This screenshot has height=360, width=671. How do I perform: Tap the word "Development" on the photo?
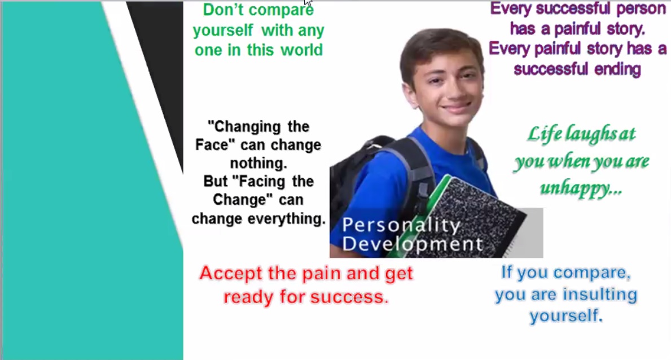(x=413, y=244)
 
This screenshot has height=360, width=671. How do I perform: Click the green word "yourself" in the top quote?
(x=222, y=31)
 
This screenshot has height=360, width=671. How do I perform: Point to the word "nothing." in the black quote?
(x=258, y=163)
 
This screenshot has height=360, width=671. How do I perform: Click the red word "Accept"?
(x=231, y=273)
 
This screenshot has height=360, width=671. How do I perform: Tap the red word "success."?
(x=349, y=297)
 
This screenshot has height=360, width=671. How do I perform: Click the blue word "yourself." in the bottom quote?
(x=566, y=316)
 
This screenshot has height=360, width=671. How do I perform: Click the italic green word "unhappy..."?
(x=581, y=188)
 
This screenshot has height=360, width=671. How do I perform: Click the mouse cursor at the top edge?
(x=308, y=2)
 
